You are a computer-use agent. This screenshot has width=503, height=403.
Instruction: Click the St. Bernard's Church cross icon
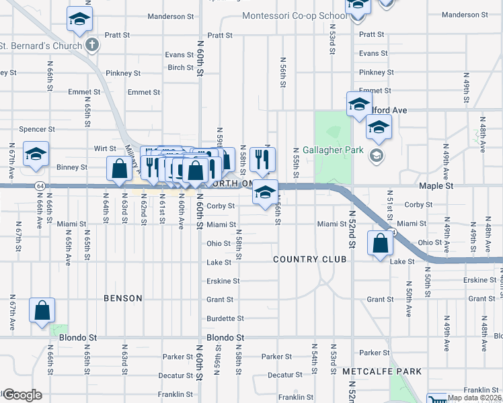point(92,46)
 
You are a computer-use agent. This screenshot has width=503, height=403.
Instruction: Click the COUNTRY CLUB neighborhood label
point(310,259)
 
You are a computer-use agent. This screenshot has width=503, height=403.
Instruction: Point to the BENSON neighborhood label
point(123,298)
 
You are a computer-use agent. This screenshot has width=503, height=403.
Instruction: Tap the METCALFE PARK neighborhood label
point(381,371)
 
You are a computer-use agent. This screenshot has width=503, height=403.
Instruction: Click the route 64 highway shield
point(40,185)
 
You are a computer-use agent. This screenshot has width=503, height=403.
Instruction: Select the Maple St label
point(436,185)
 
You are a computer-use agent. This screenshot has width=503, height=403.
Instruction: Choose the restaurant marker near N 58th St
point(260,159)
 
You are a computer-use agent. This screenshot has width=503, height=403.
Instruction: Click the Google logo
point(22,395)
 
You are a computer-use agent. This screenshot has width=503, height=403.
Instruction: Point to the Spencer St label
point(37,129)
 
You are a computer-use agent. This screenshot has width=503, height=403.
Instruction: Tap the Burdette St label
point(225,318)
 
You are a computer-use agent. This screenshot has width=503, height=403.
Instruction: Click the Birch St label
point(181,67)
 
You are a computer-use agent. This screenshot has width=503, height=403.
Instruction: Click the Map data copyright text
point(473,398)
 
